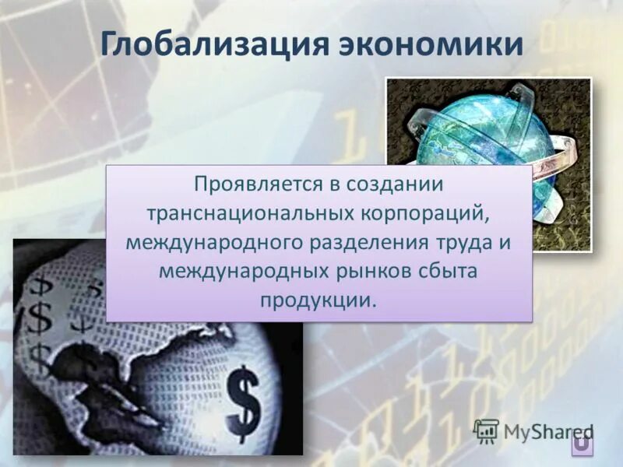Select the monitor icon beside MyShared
pos(486,430)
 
